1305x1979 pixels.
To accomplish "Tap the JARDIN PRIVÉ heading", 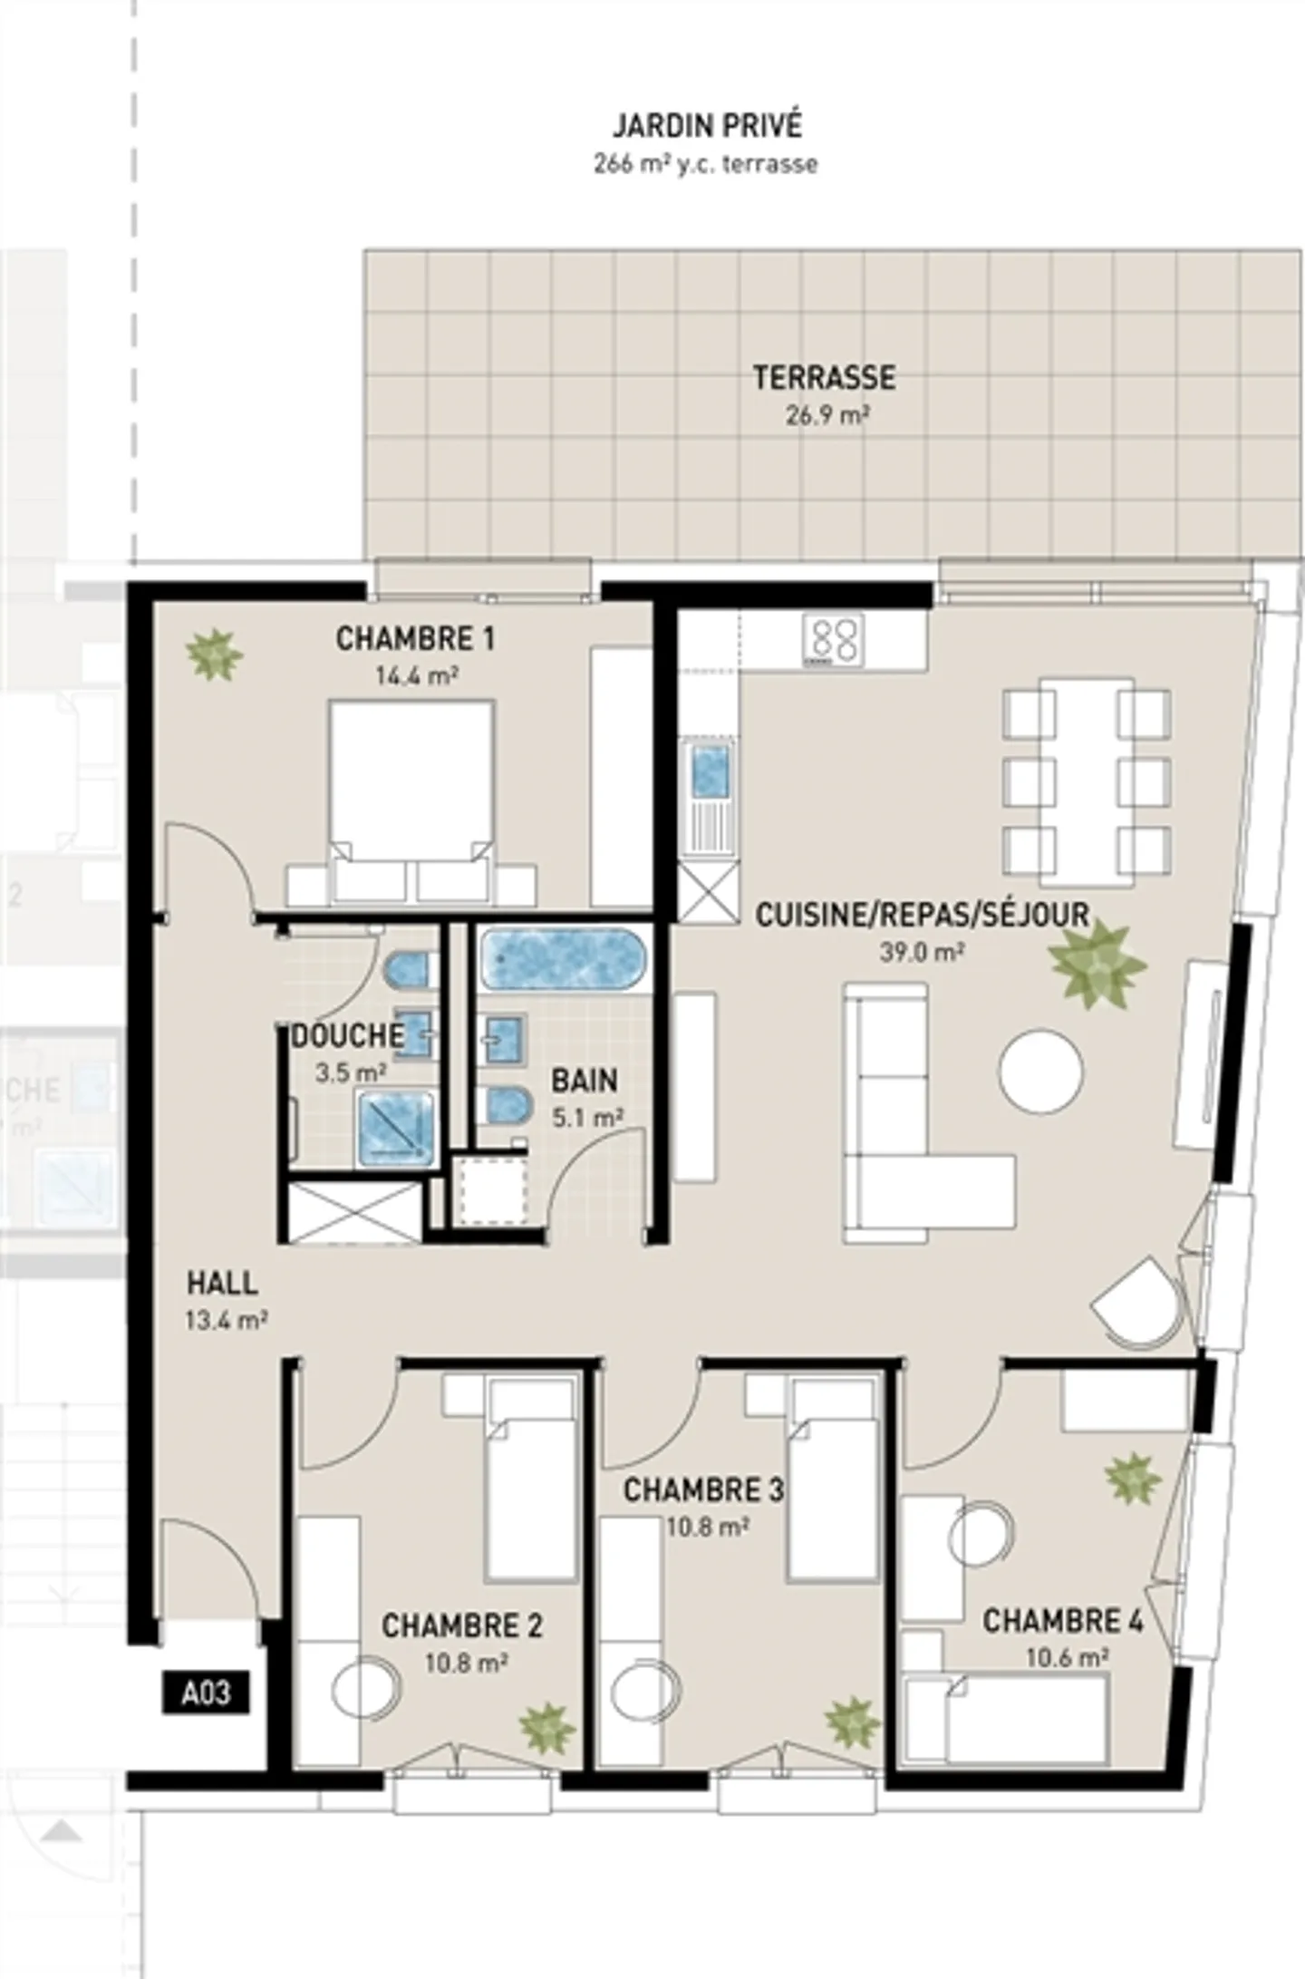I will pyautogui.click(x=707, y=125).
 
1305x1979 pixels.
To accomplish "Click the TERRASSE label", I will pyautogui.click(x=824, y=377).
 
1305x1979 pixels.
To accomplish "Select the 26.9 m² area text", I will pyautogui.click(x=827, y=416).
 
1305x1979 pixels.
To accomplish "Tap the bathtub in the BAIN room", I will pyautogui.click(x=563, y=957).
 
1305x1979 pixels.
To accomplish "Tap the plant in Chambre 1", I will pyautogui.click(x=214, y=653).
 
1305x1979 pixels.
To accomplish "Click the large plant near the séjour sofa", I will pyautogui.click(x=1097, y=965).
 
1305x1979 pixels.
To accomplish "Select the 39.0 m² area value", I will pyautogui.click(x=921, y=952).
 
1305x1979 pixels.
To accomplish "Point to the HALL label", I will pyautogui.click(x=222, y=1284).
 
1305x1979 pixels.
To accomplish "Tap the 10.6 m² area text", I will pyautogui.click(x=1067, y=1658).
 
